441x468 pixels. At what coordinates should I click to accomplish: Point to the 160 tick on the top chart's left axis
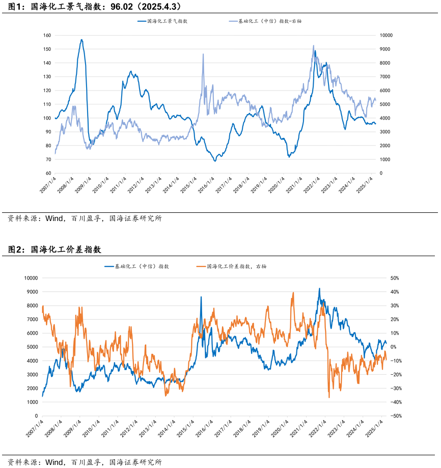pos(47,36)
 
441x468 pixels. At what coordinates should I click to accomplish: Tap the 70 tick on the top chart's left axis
pos(48,159)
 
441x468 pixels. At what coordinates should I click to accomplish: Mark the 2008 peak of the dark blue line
pos(81,40)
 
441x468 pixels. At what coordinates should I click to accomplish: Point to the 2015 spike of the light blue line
pos(203,54)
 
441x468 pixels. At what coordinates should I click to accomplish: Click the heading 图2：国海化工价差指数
pos(55,250)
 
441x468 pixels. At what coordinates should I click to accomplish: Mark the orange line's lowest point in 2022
pos(329,397)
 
